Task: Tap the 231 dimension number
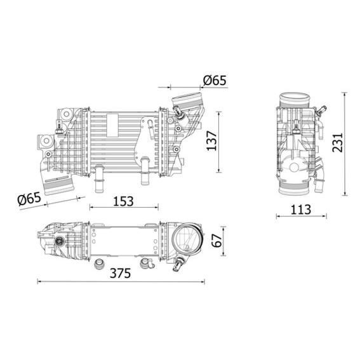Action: [x=337, y=144]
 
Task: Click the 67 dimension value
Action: [x=216, y=240]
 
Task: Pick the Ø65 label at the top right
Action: [x=214, y=81]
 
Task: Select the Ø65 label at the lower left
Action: [x=29, y=198]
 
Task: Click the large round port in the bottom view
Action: [x=185, y=240]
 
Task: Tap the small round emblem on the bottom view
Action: [x=60, y=240]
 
